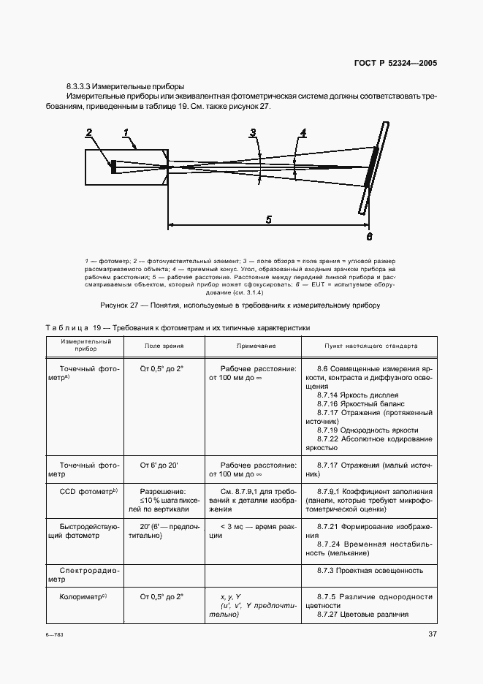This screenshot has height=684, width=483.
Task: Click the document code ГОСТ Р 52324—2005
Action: click(395, 63)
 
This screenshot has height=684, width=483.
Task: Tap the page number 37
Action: click(432, 634)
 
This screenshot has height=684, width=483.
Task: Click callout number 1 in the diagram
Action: click(125, 132)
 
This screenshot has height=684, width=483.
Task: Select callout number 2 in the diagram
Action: click(89, 133)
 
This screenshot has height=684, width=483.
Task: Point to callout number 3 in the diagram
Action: click(253, 133)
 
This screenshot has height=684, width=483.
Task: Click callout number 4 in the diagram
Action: click(303, 133)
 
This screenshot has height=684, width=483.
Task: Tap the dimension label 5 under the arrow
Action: click(268, 218)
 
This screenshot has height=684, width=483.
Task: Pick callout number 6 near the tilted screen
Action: click(369, 236)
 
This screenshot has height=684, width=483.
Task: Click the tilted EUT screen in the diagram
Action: click(373, 167)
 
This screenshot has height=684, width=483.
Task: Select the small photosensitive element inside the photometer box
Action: click(113, 167)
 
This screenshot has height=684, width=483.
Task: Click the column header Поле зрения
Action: click(164, 346)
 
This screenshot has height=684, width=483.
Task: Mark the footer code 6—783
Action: click(55, 635)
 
